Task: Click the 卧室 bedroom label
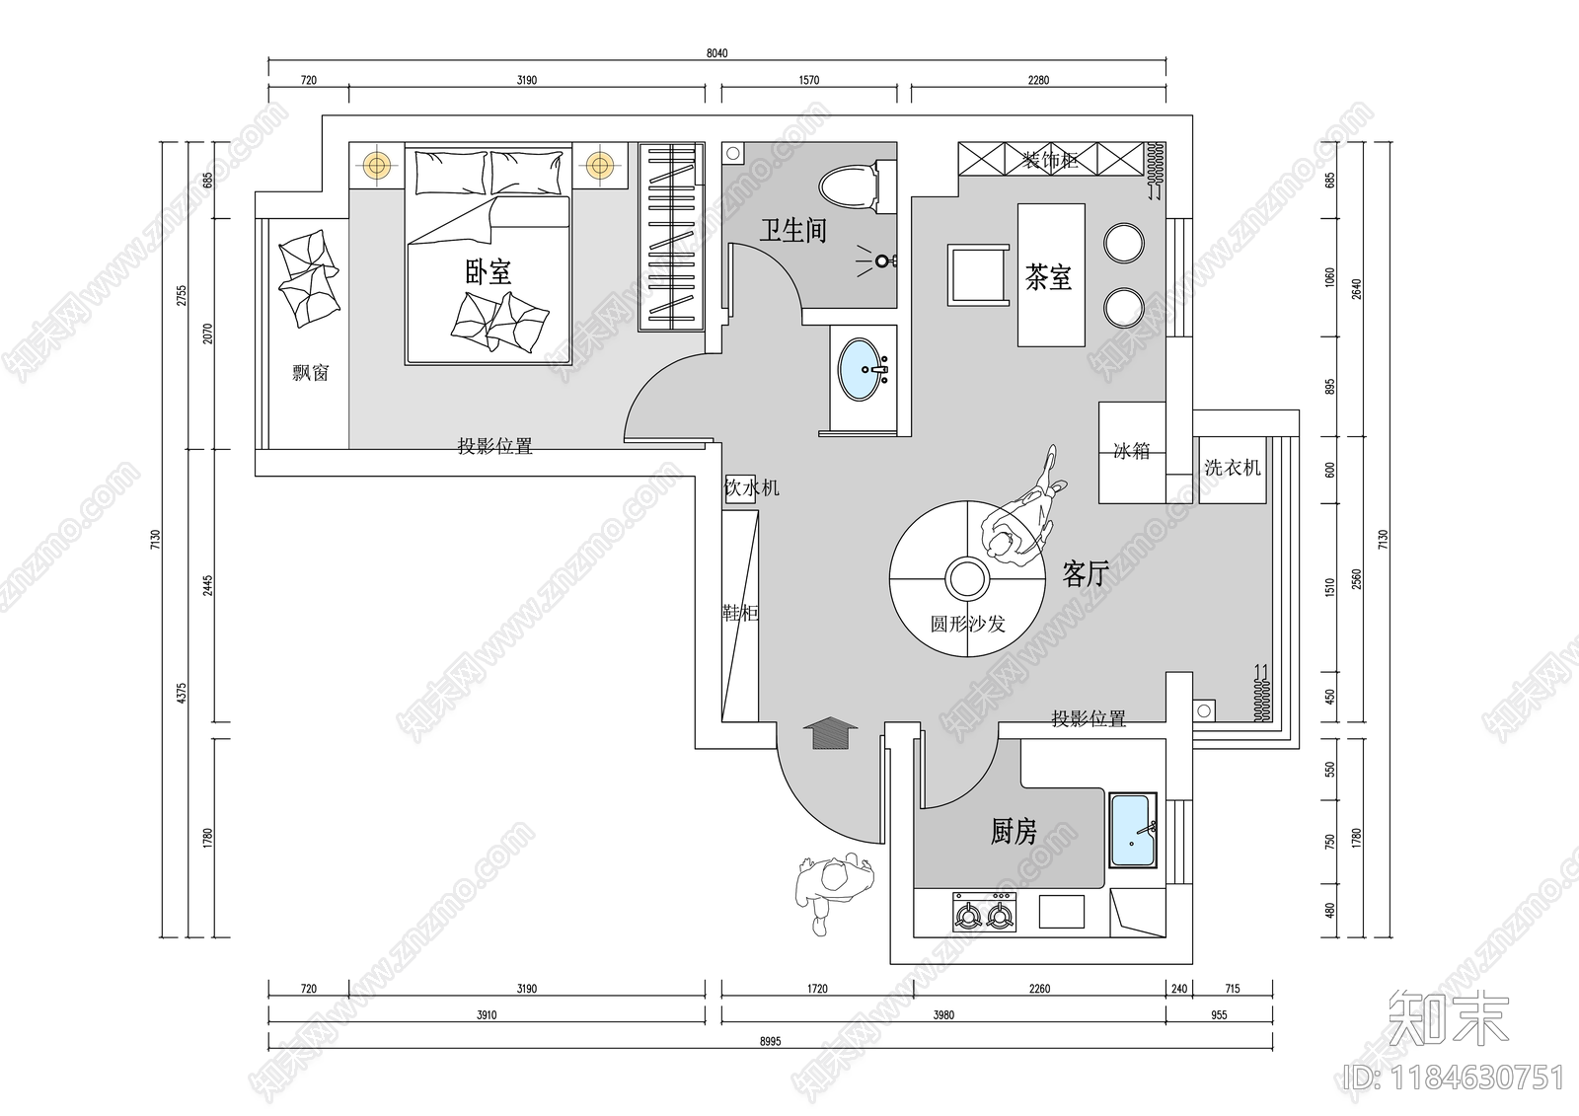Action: click(488, 272)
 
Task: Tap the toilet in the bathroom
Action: click(848, 187)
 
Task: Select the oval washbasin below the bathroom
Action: click(863, 369)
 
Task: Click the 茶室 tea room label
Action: click(1048, 277)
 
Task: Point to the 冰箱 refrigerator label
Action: click(1131, 451)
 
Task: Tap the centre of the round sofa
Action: click(966, 580)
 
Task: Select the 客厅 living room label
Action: click(1086, 573)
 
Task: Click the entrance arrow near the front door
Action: click(831, 734)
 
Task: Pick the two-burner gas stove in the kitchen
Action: click(984, 915)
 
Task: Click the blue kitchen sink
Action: click(1133, 831)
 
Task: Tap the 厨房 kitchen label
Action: click(1014, 832)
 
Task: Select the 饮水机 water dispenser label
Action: click(752, 487)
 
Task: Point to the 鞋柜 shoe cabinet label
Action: click(740, 613)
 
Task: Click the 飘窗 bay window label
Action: click(310, 373)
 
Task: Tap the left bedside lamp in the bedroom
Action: click(375, 164)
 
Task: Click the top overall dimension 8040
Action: click(716, 53)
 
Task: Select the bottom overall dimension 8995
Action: click(770, 1041)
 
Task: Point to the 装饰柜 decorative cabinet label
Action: click(1049, 160)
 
